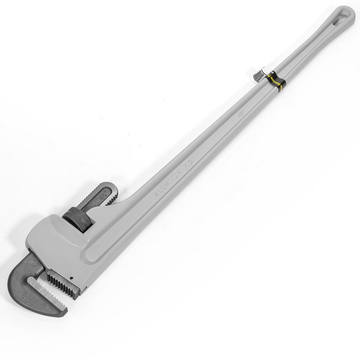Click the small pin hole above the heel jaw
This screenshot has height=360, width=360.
click(x=72, y=278)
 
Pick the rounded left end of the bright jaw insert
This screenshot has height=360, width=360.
click(x=30, y=280)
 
